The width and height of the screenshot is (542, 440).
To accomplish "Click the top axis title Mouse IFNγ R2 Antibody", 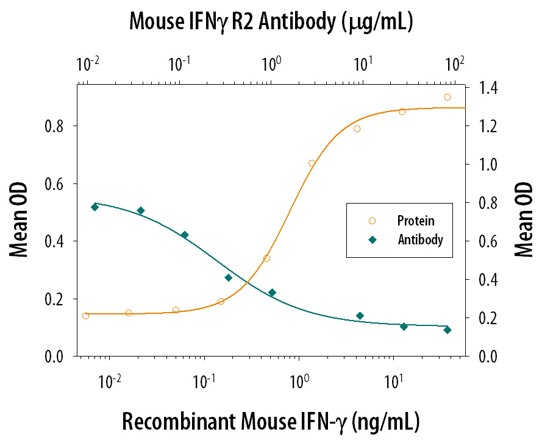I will pyautogui.click(x=272, y=22).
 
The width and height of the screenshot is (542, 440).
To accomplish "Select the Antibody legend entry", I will pyautogui.click(x=420, y=240).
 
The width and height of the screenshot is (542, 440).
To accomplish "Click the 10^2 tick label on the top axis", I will pyautogui.click(x=455, y=63).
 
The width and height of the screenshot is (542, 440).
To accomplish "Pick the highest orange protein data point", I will pyautogui.click(x=448, y=97).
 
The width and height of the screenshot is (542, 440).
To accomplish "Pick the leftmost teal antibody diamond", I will pyautogui.click(x=94, y=207).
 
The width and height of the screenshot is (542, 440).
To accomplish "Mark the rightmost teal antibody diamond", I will pyautogui.click(x=448, y=330).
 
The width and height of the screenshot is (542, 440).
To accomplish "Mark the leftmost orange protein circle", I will pyautogui.click(x=85, y=316).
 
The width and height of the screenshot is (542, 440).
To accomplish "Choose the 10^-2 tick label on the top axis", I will pyautogui.click(x=89, y=63).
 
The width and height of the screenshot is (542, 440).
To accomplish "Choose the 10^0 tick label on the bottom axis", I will pyautogui.click(x=298, y=383).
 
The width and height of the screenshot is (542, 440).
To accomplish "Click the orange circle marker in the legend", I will pyautogui.click(x=372, y=221).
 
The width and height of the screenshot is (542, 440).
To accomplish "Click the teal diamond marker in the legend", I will pyautogui.click(x=372, y=240).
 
